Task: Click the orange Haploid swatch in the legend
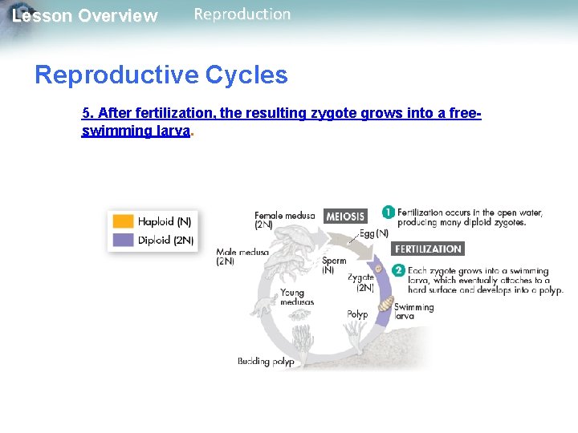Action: (x=123, y=221)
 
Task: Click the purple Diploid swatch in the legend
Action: (x=123, y=240)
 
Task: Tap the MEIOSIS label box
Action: (x=345, y=216)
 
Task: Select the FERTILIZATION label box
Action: (x=428, y=249)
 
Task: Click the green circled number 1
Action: (x=388, y=212)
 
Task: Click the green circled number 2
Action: (x=397, y=271)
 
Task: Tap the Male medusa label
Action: (x=242, y=257)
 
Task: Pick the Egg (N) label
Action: (x=373, y=233)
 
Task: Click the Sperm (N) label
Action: (x=334, y=265)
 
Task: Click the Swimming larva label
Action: (x=413, y=312)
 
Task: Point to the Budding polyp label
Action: (x=266, y=362)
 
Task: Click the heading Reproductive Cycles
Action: (x=161, y=75)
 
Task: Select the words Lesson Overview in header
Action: (x=85, y=16)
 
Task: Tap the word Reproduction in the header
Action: (x=242, y=14)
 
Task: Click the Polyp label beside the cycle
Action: (x=357, y=314)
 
